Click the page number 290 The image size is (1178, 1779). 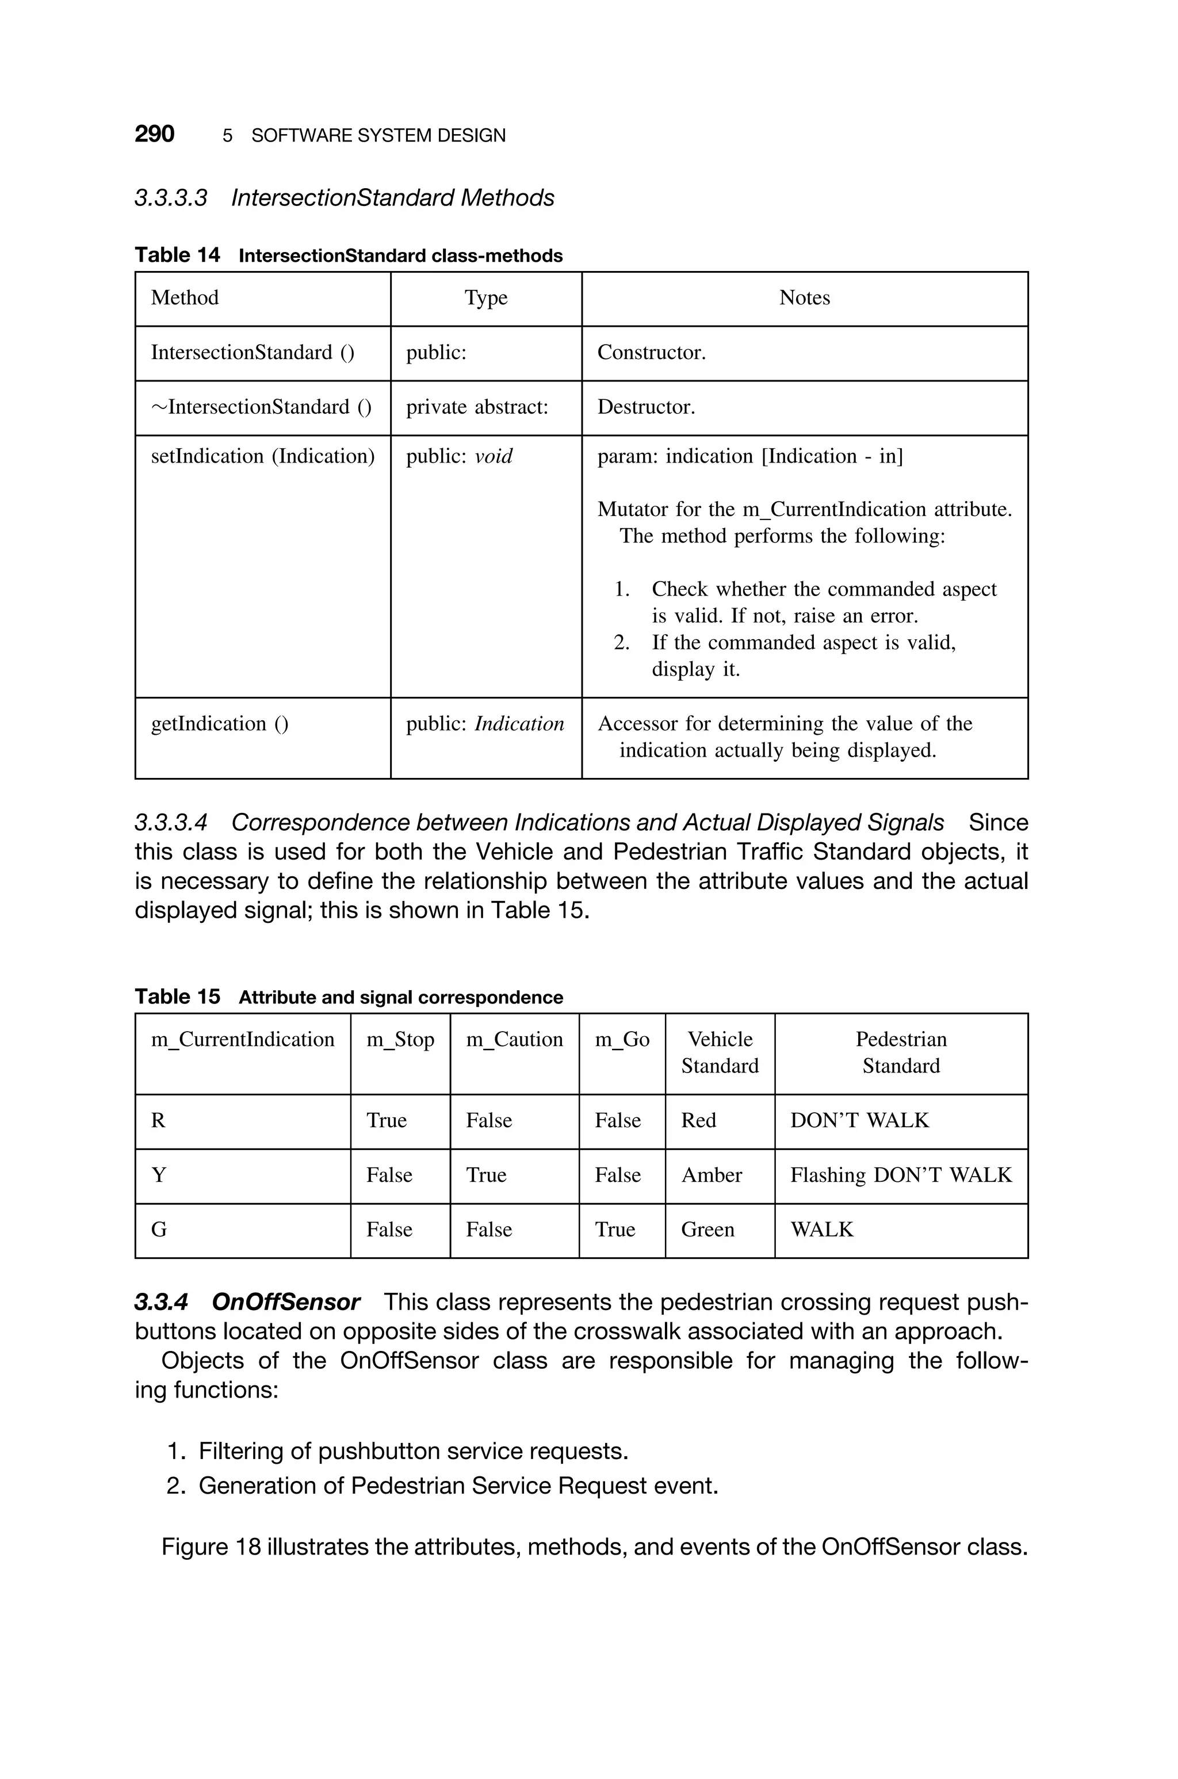click(154, 135)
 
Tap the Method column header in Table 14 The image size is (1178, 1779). click(185, 298)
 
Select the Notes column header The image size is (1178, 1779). click(804, 298)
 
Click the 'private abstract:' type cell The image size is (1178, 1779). click(477, 407)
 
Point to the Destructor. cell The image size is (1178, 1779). click(646, 407)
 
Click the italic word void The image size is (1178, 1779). click(494, 457)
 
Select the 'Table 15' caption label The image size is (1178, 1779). click(177, 997)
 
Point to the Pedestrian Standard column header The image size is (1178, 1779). click(901, 1052)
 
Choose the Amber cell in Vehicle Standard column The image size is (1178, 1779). click(712, 1175)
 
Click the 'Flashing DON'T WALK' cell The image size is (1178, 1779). click(901, 1175)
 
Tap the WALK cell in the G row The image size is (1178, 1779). click(822, 1230)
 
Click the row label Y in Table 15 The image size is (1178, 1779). click(159, 1175)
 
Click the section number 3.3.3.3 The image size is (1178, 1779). click(170, 198)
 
